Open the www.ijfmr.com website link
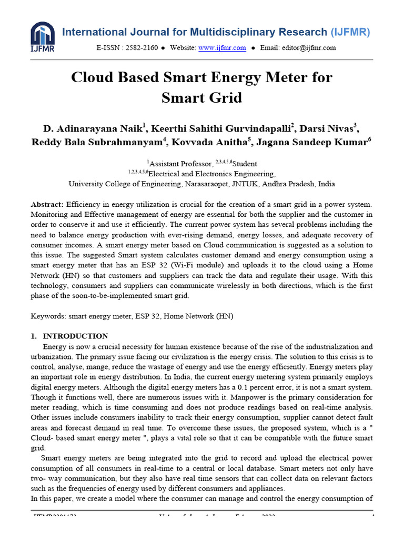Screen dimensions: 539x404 click(x=222, y=48)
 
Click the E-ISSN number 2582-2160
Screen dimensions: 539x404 click(x=142, y=48)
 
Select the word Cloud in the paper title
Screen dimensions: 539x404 click(x=93, y=78)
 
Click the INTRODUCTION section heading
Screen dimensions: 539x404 click(x=75, y=336)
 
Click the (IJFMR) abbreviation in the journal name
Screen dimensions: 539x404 click(x=351, y=32)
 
